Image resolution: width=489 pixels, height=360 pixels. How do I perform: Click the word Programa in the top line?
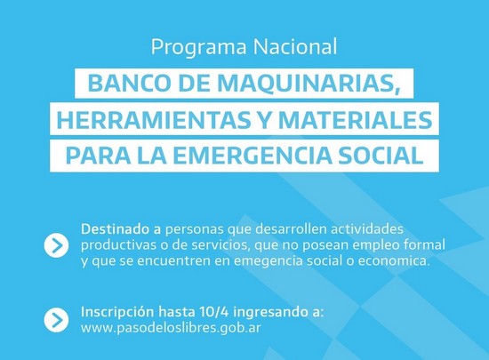click(198, 47)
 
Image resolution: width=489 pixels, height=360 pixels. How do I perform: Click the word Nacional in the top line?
click(295, 46)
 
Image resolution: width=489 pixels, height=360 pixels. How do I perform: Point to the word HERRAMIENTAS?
click(154, 120)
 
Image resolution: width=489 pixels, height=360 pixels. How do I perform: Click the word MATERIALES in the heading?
click(355, 120)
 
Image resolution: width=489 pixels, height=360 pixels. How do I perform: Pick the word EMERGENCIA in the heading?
click(252, 156)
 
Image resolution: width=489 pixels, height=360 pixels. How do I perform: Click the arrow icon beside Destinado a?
click(56, 245)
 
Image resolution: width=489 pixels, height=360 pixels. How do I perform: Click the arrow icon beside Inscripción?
click(56, 319)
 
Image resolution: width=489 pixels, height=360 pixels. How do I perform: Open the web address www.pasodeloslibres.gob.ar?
click(171, 328)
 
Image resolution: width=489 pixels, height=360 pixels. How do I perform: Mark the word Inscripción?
click(117, 312)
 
